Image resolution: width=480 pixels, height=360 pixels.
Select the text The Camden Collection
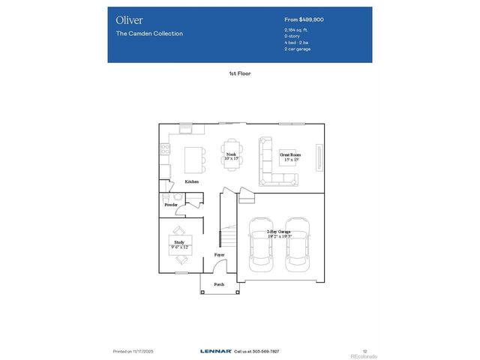pos(149,34)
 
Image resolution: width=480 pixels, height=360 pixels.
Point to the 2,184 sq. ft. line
pos(297,30)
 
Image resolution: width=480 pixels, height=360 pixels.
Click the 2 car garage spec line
pos(298,49)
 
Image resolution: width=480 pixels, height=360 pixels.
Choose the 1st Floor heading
pos(239,73)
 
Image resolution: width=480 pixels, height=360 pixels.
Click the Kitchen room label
pos(192,182)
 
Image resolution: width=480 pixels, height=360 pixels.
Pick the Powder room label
pos(171,205)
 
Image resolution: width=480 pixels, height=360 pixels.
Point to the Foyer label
pos(219,255)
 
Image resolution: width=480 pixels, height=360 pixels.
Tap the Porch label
pos(219,284)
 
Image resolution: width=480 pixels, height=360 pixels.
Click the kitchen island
pos(194,159)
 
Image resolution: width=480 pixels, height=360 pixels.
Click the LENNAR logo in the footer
pos(215,351)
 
